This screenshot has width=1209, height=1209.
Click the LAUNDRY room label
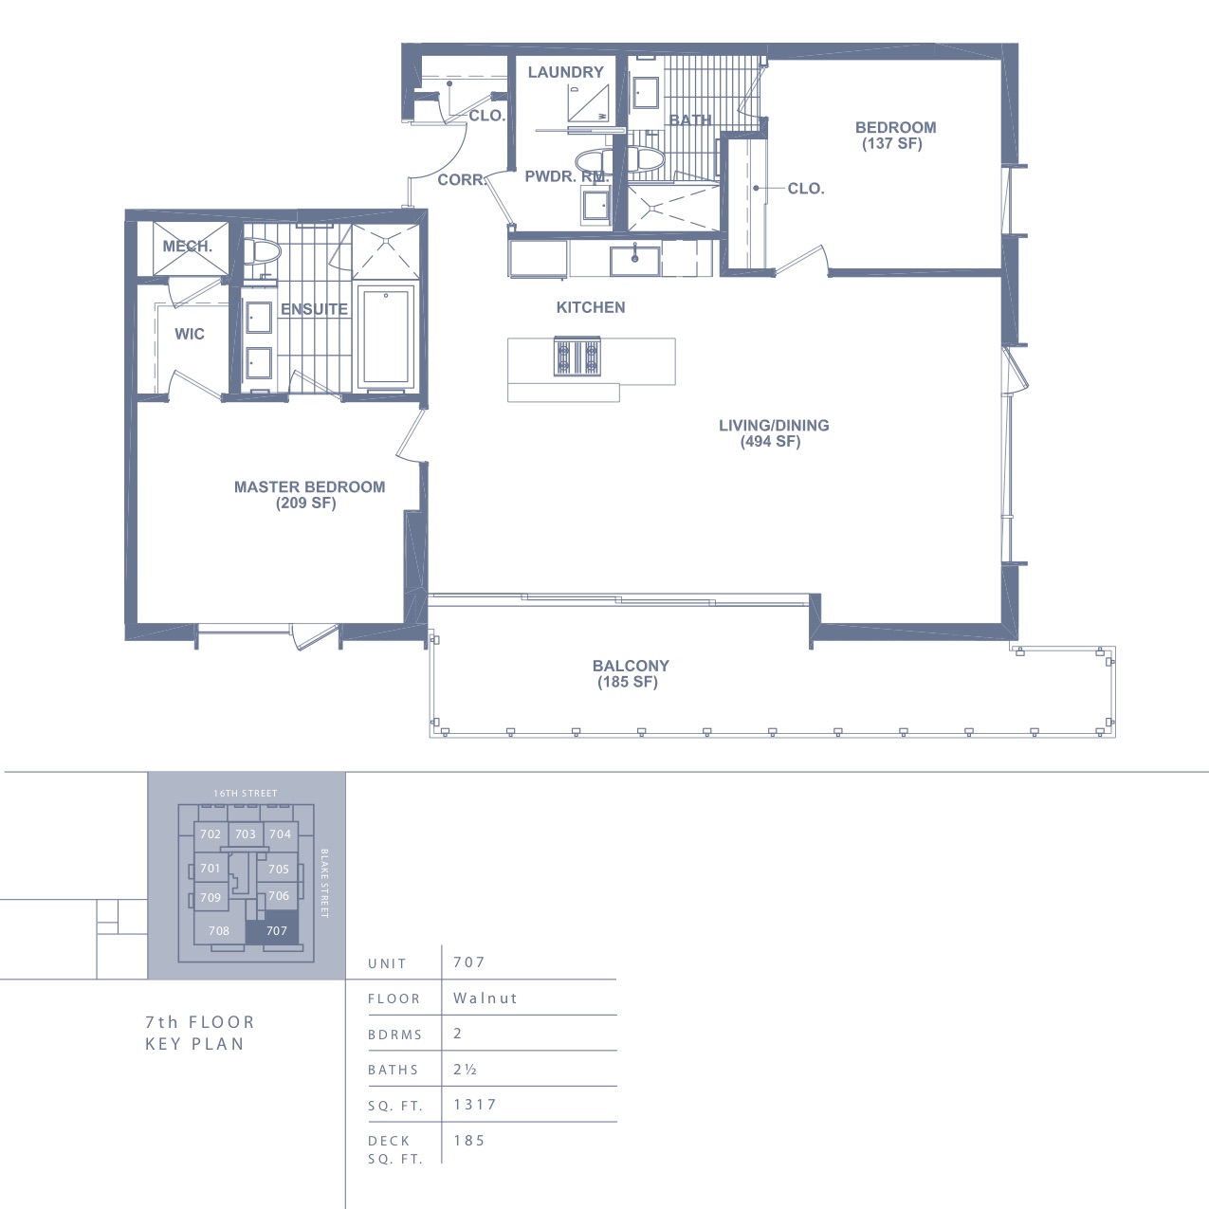pyautogui.click(x=565, y=72)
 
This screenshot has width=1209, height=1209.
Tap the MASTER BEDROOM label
pyautogui.click(x=309, y=486)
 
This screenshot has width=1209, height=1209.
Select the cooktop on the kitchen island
pyautogui.click(x=577, y=357)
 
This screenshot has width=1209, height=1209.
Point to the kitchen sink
pyautogui.click(x=635, y=261)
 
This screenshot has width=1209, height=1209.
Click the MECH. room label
pyautogui.click(x=187, y=246)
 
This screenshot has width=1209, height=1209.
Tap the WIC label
pyautogui.click(x=190, y=334)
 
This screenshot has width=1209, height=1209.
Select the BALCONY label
pyautogui.click(x=631, y=666)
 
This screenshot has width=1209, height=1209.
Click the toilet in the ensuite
pyautogui.click(x=262, y=252)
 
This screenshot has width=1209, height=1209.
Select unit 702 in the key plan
pyautogui.click(x=211, y=834)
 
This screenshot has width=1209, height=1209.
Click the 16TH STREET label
pyautogui.click(x=246, y=793)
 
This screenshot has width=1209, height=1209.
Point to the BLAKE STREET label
pyautogui.click(x=324, y=884)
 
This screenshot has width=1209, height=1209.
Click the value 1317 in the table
pyautogui.click(x=475, y=1105)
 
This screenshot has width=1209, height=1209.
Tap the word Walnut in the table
pyautogui.click(x=485, y=998)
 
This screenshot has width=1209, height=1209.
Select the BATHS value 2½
pyautogui.click(x=465, y=1069)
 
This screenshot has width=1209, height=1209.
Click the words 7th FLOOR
pyautogui.click(x=199, y=1022)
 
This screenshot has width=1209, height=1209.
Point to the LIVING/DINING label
pyautogui.click(x=774, y=426)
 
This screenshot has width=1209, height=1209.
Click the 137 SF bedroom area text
pyautogui.click(x=891, y=144)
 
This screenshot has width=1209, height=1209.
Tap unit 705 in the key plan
pyautogui.click(x=278, y=869)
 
